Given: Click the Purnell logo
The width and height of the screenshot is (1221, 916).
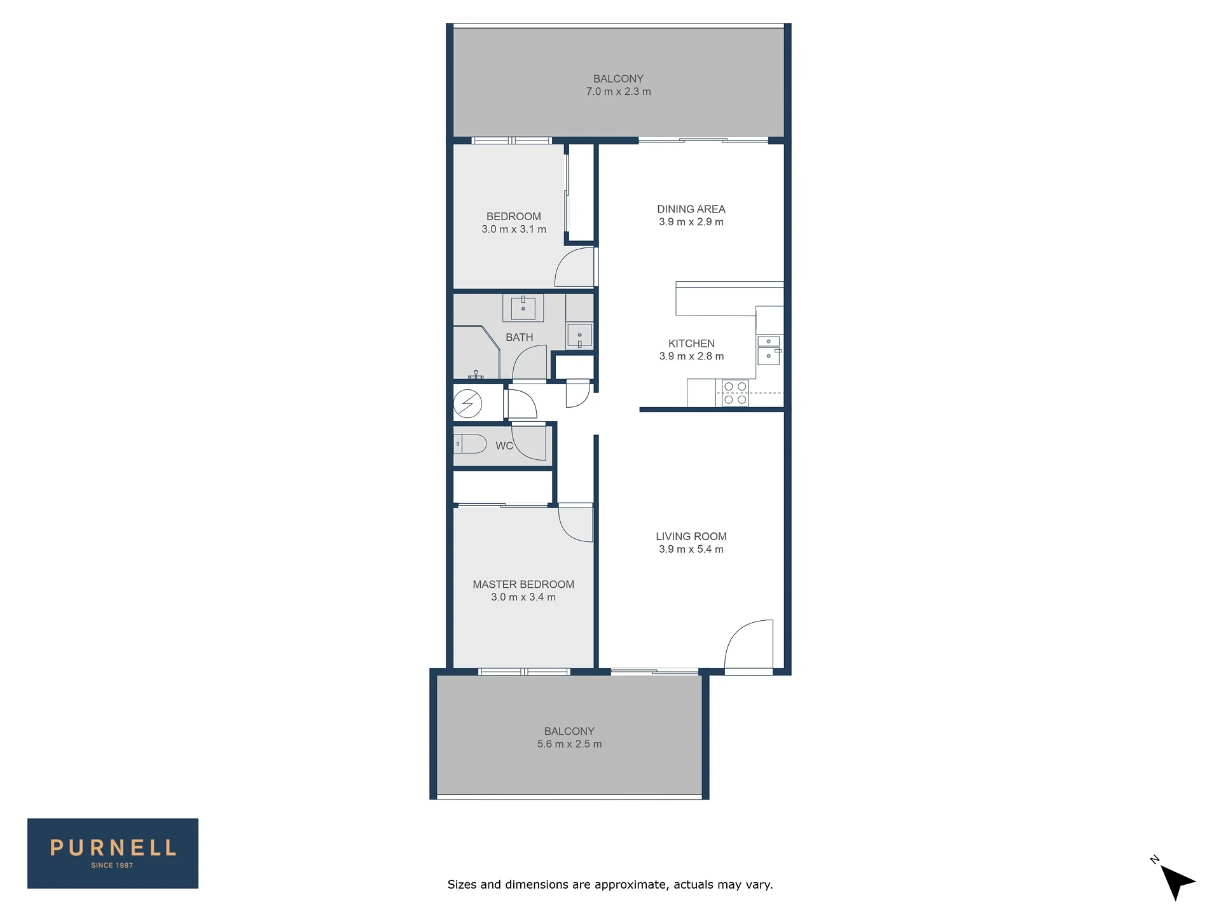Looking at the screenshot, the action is click(113, 853).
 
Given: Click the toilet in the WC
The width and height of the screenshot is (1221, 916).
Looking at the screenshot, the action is click(470, 443).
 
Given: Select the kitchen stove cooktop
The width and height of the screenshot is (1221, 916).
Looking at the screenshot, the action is click(735, 393).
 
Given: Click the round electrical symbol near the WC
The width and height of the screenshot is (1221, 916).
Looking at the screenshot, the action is click(467, 403).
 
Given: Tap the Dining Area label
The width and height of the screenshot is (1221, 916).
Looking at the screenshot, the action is click(691, 209).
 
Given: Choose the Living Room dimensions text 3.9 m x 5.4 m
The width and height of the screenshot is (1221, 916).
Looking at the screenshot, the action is click(691, 549).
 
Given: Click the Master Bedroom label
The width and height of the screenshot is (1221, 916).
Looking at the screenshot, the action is click(523, 584).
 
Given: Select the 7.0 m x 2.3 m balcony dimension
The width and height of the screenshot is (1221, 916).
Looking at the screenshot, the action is click(619, 92).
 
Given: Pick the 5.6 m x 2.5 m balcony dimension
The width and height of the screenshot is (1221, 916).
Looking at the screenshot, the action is click(569, 744).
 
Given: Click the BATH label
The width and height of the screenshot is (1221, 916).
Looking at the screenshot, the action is click(520, 337).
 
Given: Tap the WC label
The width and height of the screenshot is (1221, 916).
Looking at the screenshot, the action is click(504, 446).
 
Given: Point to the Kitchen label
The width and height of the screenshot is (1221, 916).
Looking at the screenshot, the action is click(691, 343).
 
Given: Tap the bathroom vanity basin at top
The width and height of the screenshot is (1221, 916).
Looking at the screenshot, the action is click(523, 308).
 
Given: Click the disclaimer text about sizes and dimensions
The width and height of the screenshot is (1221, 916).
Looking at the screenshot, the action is click(610, 884).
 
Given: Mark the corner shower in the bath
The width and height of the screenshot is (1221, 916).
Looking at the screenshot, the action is click(476, 353).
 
